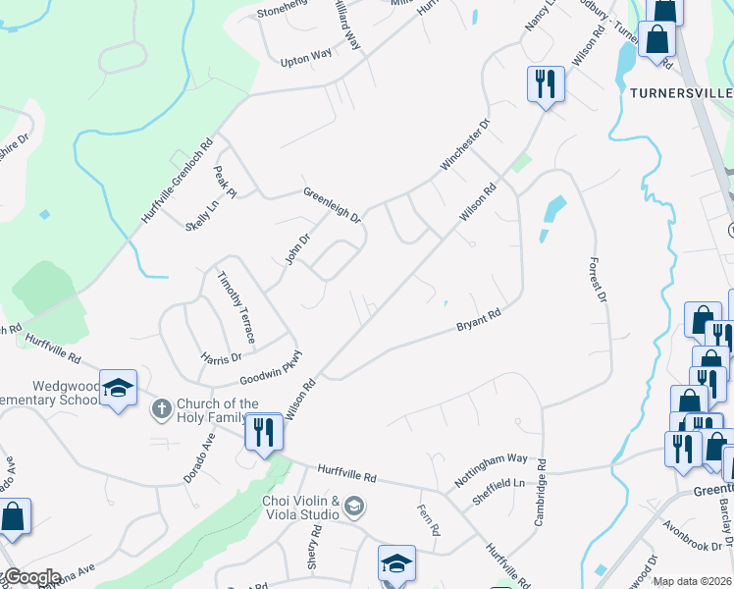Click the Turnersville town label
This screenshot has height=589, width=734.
[x=682, y=92]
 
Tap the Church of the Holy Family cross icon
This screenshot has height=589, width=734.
[x=161, y=406]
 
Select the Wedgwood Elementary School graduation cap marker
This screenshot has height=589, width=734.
[x=118, y=389]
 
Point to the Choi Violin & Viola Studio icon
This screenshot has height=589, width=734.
[x=354, y=507]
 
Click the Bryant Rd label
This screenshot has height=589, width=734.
[x=479, y=321]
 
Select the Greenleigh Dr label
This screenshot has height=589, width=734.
[x=332, y=203]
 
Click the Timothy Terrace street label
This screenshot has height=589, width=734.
[x=236, y=307]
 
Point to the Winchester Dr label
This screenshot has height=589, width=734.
[x=465, y=145]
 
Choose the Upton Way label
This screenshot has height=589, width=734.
[x=306, y=59]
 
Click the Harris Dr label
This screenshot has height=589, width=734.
[x=221, y=357]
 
